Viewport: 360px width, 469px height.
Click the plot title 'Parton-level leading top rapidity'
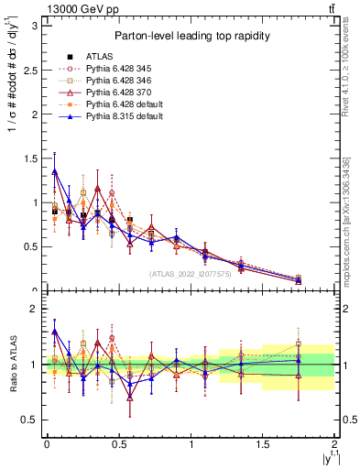(190, 36)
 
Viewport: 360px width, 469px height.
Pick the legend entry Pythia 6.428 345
(126, 68)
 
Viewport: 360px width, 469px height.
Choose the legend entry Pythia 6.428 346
(126, 80)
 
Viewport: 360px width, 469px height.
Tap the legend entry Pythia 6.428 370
(126, 93)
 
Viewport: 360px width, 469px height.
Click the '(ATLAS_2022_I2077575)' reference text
(190, 274)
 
